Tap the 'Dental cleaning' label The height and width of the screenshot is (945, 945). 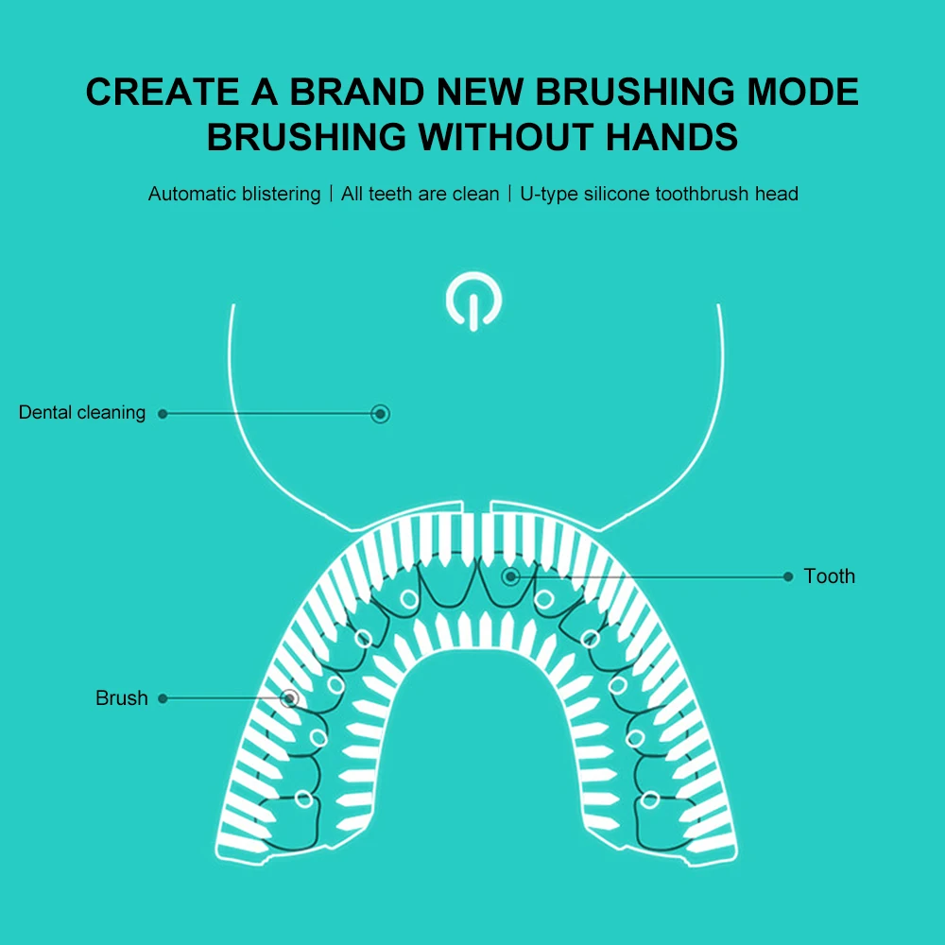[x=82, y=413]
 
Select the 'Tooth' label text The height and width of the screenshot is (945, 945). [x=829, y=576]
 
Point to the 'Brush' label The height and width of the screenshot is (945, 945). [x=122, y=698]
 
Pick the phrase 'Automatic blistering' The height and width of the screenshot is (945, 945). [x=234, y=194]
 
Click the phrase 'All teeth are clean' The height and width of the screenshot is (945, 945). [x=420, y=194]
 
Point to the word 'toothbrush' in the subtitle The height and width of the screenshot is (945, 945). [x=708, y=194]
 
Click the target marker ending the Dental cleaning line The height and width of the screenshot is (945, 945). [x=380, y=413]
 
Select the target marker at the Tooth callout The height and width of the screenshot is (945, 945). [x=510, y=576]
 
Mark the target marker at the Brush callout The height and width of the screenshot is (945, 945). [x=290, y=698]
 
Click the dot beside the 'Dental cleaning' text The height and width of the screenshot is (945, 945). [x=163, y=413]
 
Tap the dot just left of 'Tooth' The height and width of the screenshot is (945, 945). [x=788, y=576]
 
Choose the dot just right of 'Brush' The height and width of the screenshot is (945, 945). [x=163, y=698]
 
